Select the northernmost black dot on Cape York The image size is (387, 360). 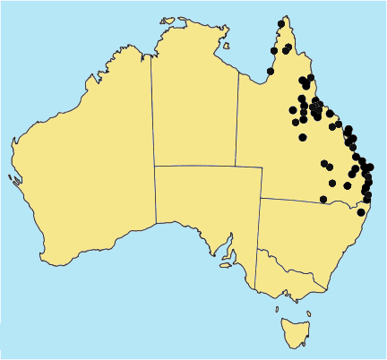coord(282,22)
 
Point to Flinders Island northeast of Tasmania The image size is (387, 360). coord(308,313)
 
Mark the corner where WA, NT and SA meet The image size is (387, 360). coord(155,166)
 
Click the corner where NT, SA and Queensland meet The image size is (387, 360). coord(237,166)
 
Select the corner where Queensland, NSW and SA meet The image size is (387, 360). coord(260,199)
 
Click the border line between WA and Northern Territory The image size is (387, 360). coord(152,107)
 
